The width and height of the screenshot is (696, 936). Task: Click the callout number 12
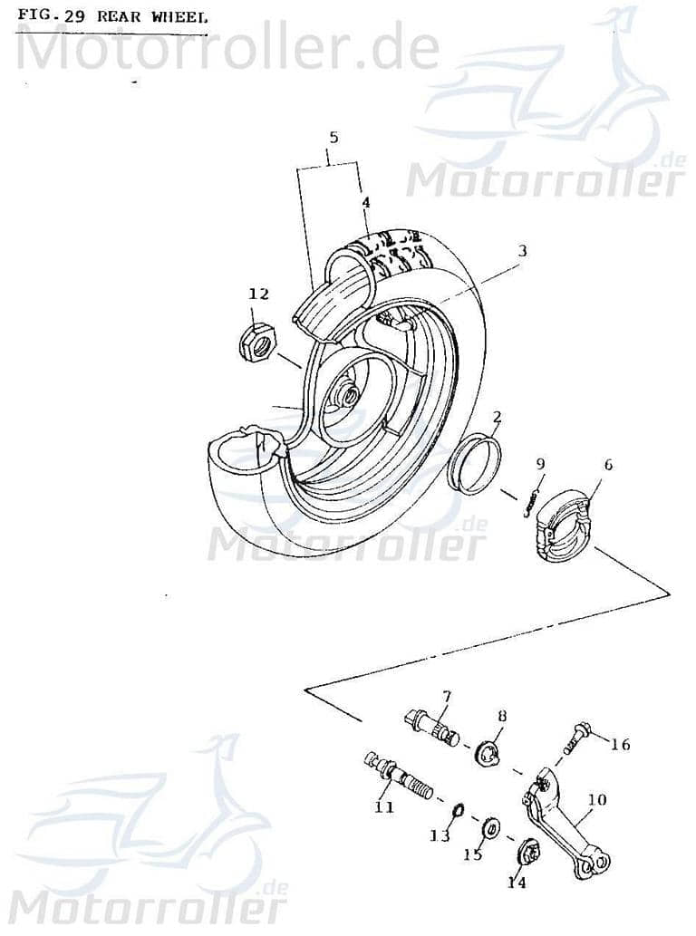tap(259, 293)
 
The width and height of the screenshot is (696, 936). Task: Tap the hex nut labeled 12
tap(255, 342)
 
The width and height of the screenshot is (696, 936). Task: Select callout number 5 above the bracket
tap(333, 138)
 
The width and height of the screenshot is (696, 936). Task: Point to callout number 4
tap(365, 203)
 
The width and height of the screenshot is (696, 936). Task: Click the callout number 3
tap(522, 250)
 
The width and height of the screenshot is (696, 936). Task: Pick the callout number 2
tap(497, 418)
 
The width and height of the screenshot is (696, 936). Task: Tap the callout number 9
tap(540, 465)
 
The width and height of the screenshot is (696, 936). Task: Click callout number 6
tap(607, 465)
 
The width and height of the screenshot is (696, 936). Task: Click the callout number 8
tap(501, 716)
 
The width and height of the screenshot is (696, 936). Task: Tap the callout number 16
tap(620, 745)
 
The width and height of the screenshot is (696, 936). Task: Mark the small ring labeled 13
tap(459, 808)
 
